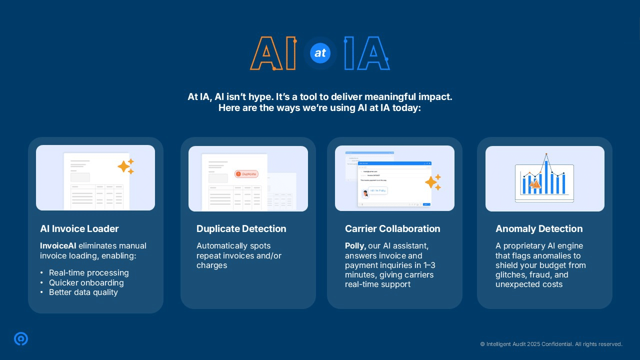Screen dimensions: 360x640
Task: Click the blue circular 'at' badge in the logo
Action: pyautogui.click(x=320, y=53)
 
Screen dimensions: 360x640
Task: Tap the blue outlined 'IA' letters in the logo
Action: pyautogui.click(x=366, y=53)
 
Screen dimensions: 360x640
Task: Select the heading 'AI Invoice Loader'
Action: pyautogui.click(x=79, y=229)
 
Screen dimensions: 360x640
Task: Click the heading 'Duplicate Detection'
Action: pyautogui.click(x=241, y=229)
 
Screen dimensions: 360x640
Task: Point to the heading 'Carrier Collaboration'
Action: pyautogui.click(x=392, y=229)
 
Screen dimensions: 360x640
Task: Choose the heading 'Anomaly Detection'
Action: pyautogui.click(x=539, y=229)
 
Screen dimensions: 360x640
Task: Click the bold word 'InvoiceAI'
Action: pyautogui.click(x=58, y=246)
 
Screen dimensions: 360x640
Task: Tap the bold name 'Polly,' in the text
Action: pyautogui.click(x=355, y=246)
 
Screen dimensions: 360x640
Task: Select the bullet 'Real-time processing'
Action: pyautogui.click(x=88, y=273)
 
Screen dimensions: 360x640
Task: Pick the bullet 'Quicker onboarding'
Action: pyautogui.click(x=86, y=282)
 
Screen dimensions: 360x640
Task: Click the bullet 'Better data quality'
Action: pyautogui.click(x=83, y=292)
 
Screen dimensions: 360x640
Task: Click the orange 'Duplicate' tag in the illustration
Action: pyautogui.click(x=246, y=174)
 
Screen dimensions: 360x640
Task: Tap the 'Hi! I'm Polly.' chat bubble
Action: pyautogui.click(x=378, y=190)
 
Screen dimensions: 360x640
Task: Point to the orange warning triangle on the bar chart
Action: pyautogui.click(x=534, y=184)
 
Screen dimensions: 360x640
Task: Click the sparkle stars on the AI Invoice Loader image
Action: pyautogui.click(x=126, y=166)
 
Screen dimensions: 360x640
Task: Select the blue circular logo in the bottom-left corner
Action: pyautogui.click(x=21, y=339)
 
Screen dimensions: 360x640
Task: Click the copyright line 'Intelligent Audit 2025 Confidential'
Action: pyautogui.click(x=551, y=344)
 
